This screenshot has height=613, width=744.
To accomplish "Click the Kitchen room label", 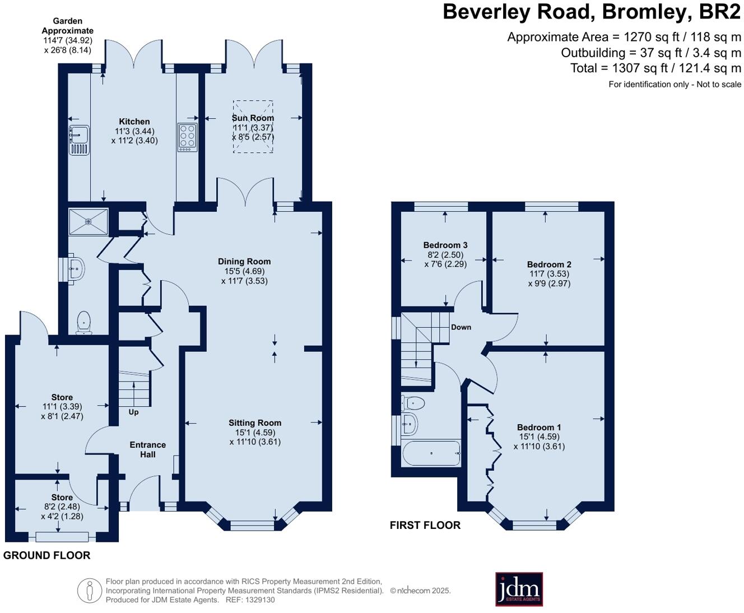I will click(134, 122).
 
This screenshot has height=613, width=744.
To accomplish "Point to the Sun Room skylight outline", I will click(253, 127).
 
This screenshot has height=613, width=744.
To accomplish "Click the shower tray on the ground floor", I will click(88, 221).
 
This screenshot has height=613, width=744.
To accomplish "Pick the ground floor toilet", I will click(83, 323).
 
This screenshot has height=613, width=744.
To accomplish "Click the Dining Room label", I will click(244, 261).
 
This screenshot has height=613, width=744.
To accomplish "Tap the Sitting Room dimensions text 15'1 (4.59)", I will click(255, 433).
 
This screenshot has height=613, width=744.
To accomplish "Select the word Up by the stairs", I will click(133, 412).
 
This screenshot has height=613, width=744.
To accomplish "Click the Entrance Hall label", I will click(148, 449).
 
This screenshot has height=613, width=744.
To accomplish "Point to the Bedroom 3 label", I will click(445, 245).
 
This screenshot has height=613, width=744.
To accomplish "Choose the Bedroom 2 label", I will click(549, 264).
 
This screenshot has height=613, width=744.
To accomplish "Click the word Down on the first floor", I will click(461, 327).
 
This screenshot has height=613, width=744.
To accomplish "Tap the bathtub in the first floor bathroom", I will click(431, 453).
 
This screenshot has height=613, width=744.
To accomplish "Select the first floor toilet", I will click(413, 402).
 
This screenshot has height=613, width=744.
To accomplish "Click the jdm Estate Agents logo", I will click(519, 589).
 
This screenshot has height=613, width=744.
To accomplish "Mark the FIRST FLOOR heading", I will click(425, 525).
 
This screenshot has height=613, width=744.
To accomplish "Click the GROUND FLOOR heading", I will click(46, 555).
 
